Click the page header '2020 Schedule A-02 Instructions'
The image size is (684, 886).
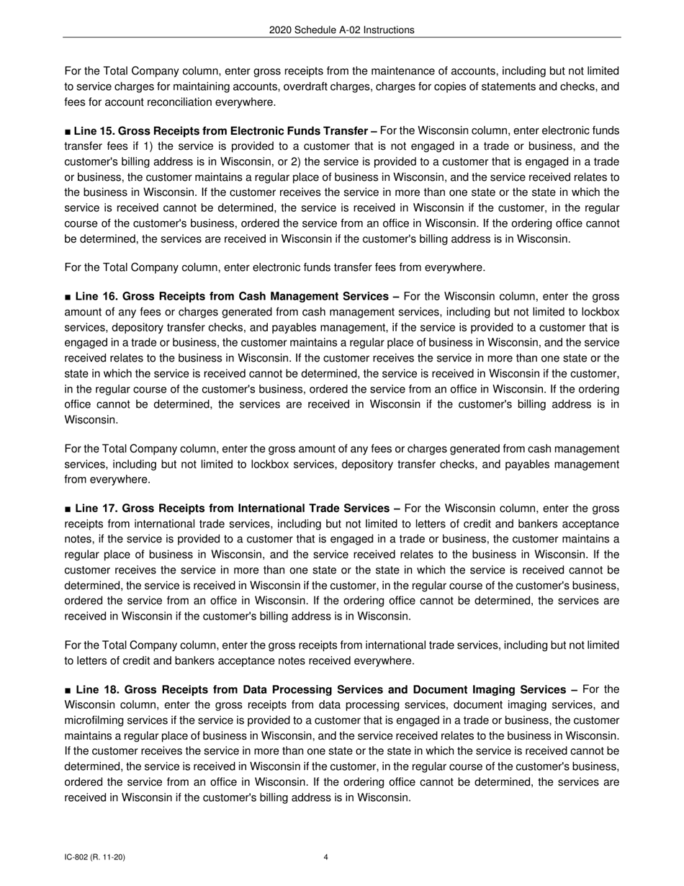click(x=342, y=30)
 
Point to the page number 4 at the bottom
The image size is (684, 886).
click(x=326, y=857)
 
